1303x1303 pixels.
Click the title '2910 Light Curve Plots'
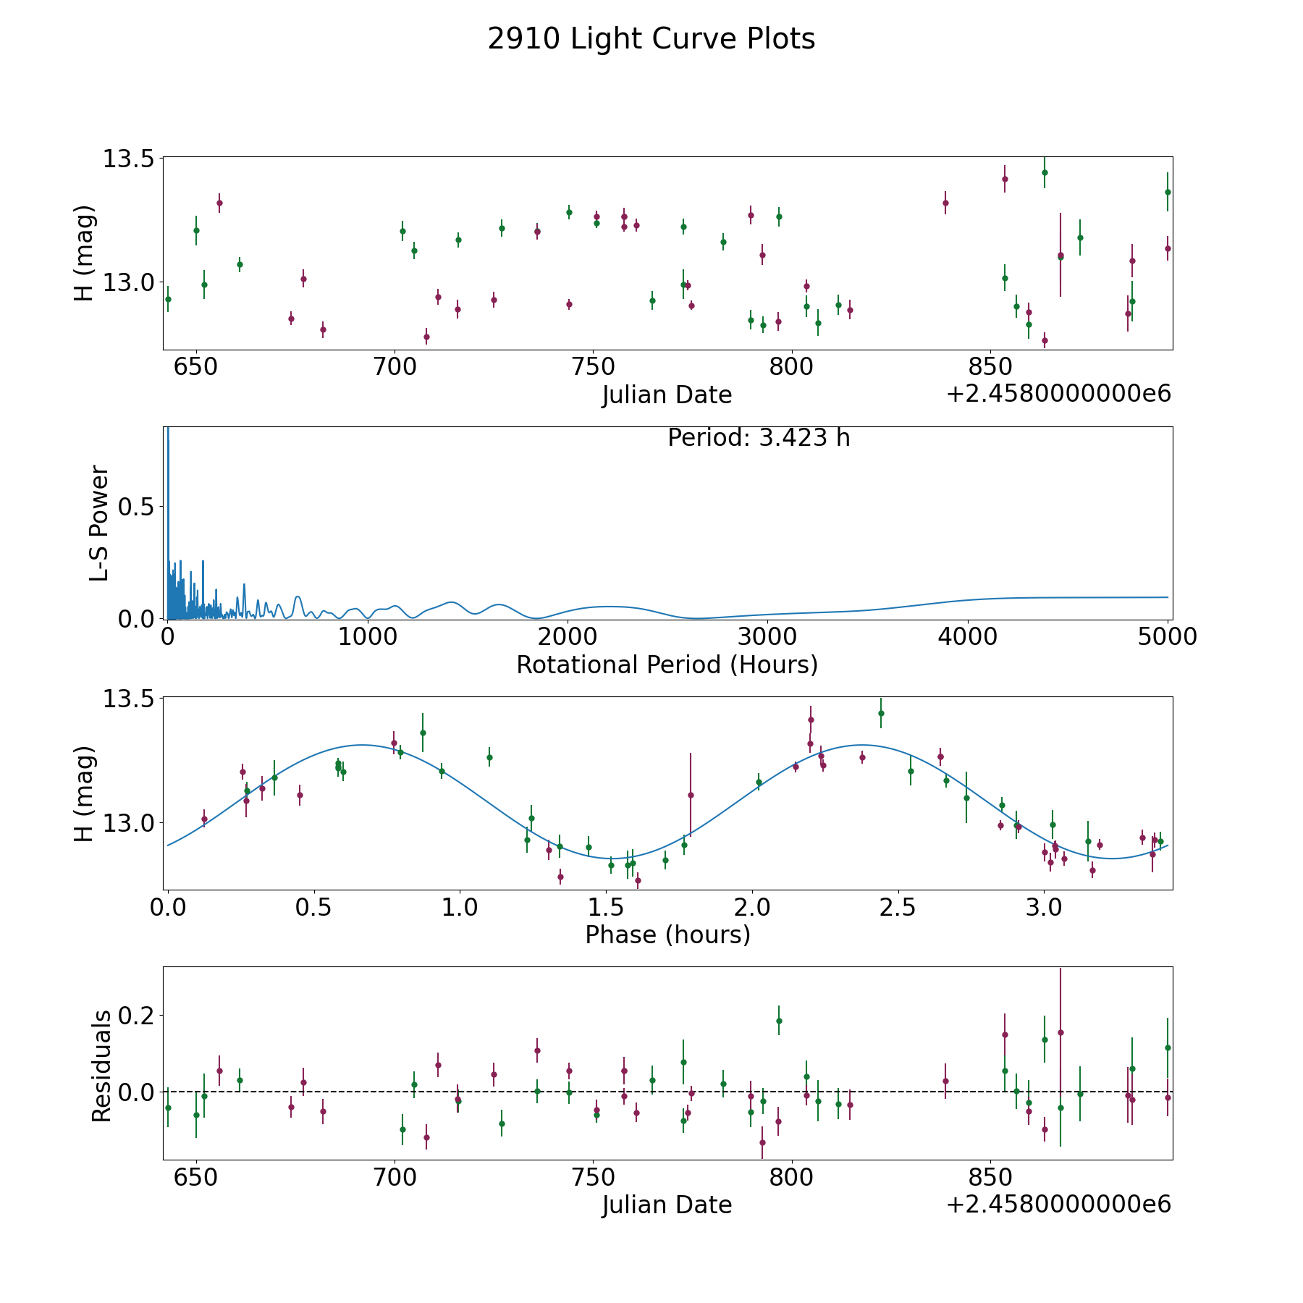[x=651, y=39]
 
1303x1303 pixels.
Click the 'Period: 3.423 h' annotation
[x=759, y=438]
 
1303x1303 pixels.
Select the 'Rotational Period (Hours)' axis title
[x=667, y=665]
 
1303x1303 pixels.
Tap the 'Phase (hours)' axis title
[x=667, y=935]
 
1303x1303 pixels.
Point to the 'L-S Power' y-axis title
[x=99, y=523]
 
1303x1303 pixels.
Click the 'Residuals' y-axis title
[x=101, y=1066]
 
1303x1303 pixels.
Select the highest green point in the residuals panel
[x=779, y=1021]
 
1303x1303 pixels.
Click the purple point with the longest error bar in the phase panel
[x=691, y=795]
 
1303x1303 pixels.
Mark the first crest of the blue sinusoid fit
[x=361, y=745]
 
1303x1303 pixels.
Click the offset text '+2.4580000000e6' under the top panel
[x=1058, y=394]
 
